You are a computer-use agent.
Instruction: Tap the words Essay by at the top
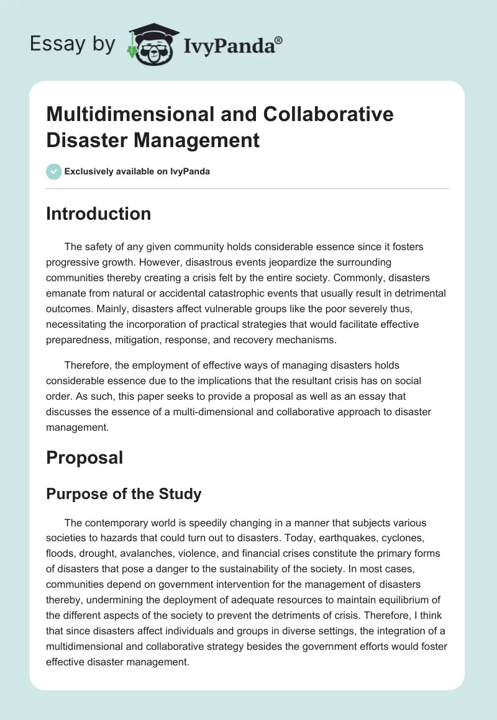tap(72, 44)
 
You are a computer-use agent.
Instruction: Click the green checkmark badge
tap(53, 171)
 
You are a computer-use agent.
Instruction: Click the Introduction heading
tap(99, 214)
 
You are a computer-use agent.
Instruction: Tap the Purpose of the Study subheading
tap(124, 494)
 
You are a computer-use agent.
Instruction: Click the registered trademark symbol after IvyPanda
tap(279, 40)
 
